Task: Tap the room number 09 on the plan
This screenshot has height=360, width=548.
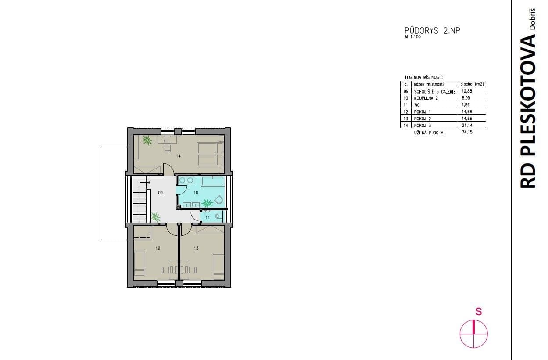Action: pyautogui.click(x=161, y=192)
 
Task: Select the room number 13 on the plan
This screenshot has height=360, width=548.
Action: pyautogui.click(x=196, y=248)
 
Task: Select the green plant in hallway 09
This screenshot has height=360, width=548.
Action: pyautogui.click(x=155, y=217)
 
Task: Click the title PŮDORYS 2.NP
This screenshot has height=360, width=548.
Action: pyautogui.click(x=432, y=31)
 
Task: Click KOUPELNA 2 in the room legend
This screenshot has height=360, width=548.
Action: pyautogui.click(x=426, y=98)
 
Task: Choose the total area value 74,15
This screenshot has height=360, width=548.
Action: pyautogui.click(x=466, y=132)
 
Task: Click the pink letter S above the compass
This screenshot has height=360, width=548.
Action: pyautogui.click(x=479, y=312)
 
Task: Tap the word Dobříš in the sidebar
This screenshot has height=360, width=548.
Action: pyautogui.click(x=532, y=19)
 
